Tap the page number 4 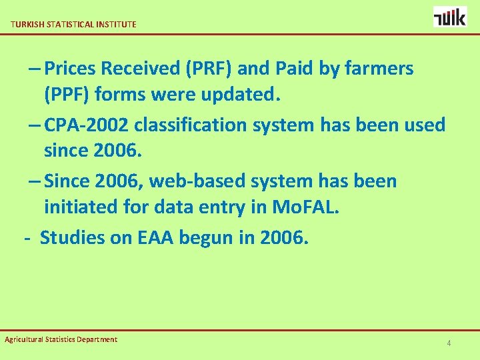449,343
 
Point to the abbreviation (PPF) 67,94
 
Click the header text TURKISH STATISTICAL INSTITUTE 73,24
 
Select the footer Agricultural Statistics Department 61,339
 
